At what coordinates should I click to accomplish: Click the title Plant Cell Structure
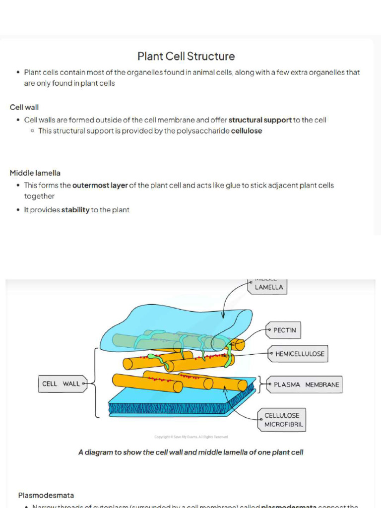186,57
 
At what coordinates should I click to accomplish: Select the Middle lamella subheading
35,173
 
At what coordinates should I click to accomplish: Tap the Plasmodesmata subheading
46,495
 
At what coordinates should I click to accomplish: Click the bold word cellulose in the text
247,131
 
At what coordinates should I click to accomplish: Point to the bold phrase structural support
260,120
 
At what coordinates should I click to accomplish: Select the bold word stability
75,210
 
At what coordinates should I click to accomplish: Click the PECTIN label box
284,330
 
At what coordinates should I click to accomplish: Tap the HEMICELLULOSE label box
299,354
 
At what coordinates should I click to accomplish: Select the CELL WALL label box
61,383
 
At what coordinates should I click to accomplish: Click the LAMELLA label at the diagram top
269,287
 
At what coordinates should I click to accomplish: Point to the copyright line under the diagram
190,437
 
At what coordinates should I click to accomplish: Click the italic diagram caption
190,452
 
